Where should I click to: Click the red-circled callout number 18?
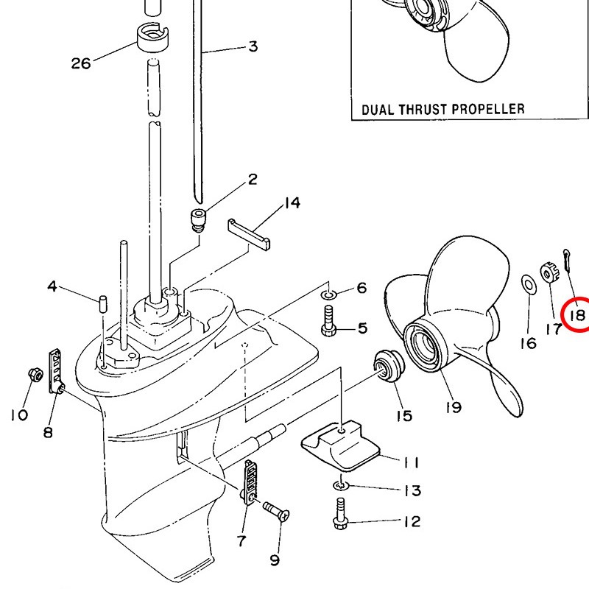coord(576,315)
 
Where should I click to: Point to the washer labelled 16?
coord(527,283)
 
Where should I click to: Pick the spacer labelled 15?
coord(385,366)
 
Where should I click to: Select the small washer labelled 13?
coord(338,486)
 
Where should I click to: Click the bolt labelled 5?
coord(329,324)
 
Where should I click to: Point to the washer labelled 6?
coord(328,296)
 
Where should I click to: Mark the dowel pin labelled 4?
coord(104,302)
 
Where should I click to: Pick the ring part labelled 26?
coord(152,35)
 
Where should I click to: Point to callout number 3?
coord(253,47)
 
